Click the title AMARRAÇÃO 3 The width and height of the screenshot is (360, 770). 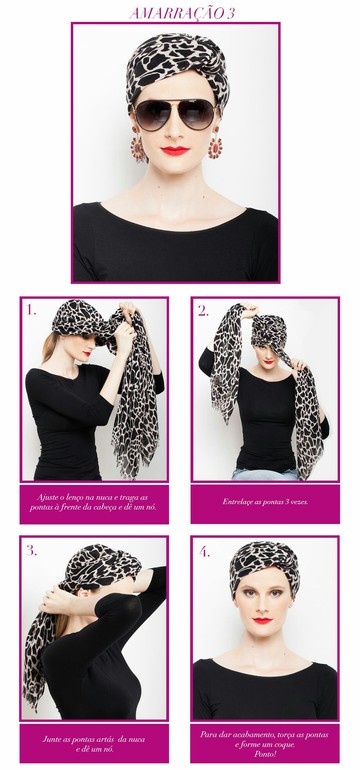click(182, 13)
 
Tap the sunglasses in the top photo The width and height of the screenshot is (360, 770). click(175, 114)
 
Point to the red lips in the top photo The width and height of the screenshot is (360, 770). click(175, 151)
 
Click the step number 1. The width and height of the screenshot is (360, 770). click(31, 310)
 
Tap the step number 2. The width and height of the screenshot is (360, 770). click(203, 310)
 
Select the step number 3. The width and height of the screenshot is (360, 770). click(31, 550)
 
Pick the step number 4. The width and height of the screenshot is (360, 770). click(204, 551)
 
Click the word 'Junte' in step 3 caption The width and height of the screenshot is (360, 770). click(52, 739)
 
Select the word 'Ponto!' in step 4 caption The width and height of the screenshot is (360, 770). click(265, 754)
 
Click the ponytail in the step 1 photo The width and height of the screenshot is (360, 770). click(49, 346)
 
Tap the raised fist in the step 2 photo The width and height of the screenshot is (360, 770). click(249, 311)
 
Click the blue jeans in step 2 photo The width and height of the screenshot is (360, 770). click(265, 474)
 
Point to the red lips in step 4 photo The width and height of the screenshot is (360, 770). click(262, 621)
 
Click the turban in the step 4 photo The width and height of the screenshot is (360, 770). click(264, 562)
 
